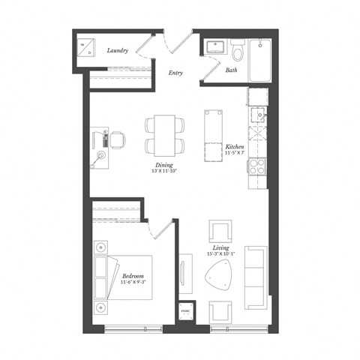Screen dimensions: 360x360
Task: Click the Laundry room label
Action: pyautogui.click(x=116, y=51)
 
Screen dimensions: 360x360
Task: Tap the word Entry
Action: pyautogui.click(x=176, y=73)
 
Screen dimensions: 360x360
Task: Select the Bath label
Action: pyautogui.click(x=232, y=70)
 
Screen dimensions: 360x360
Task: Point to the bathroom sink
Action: pyautogui.click(x=216, y=46)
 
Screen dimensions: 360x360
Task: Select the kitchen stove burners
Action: pyautogui.click(x=258, y=166)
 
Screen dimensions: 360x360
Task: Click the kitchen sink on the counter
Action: pyautogui.click(x=259, y=115)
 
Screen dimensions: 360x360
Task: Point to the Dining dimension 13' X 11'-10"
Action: pyautogui.click(x=165, y=172)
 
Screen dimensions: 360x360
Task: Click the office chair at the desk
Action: pyautogui.click(x=117, y=138)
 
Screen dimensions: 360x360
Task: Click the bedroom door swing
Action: pyautogui.click(x=156, y=229)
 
